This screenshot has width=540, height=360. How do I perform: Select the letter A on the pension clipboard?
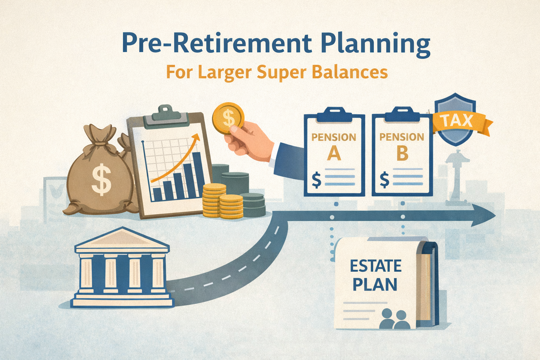(x=334, y=153)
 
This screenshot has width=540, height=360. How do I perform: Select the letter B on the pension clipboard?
(x=402, y=153)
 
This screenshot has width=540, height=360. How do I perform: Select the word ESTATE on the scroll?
(x=375, y=266)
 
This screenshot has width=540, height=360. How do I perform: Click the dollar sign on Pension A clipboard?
(x=316, y=180)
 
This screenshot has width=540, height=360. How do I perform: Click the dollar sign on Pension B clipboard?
(x=384, y=180)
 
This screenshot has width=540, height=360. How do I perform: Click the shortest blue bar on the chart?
(x=157, y=194)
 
